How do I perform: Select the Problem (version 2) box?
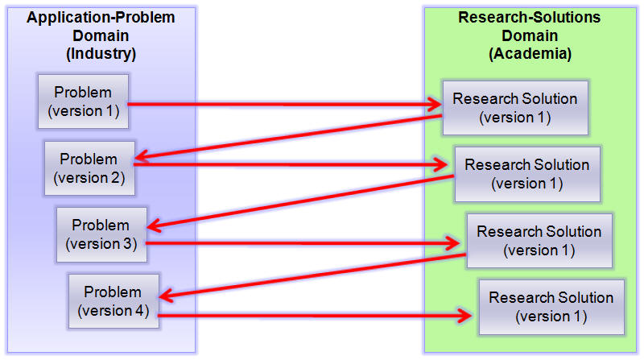pyautogui.click(x=89, y=168)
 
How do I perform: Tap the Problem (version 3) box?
pyautogui.click(x=101, y=234)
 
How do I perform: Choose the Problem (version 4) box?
pyautogui.click(x=113, y=300)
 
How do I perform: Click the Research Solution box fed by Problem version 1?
pyautogui.click(x=514, y=108)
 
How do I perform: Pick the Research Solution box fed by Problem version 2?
pyautogui.click(x=526, y=174)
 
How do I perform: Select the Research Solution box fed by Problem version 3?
pyautogui.click(x=539, y=240)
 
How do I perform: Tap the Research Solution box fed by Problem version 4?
pyautogui.click(x=551, y=307)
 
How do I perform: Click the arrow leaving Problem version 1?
pyautogui.click(x=282, y=104)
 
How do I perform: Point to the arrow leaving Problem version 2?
pyautogui.click(x=290, y=164)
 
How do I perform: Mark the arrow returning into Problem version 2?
pyautogui.click(x=290, y=136)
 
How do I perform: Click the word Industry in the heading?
pyautogui.click(x=101, y=54)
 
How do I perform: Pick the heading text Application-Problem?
pyautogui.click(x=101, y=18)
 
